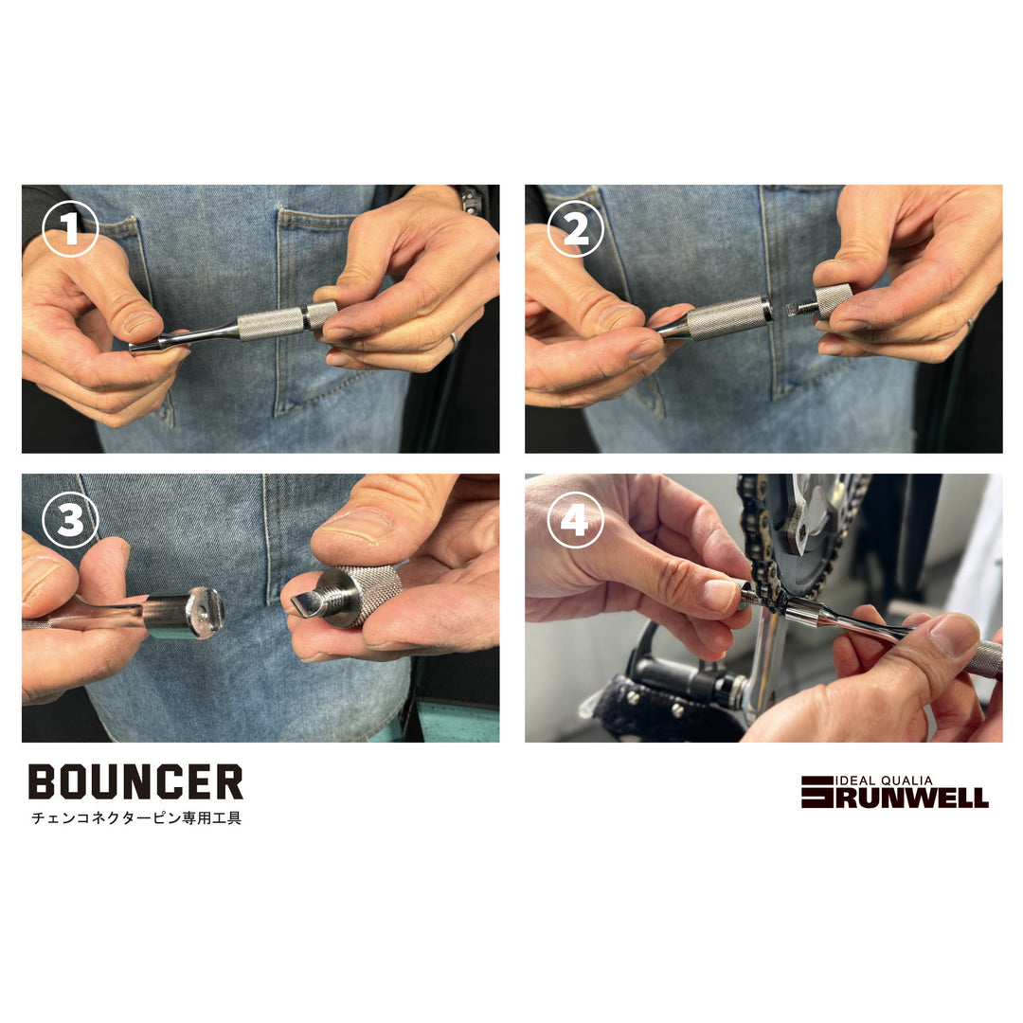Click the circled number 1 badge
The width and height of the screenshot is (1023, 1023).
[x=70, y=231]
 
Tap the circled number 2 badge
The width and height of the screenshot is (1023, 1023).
[x=575, y=230]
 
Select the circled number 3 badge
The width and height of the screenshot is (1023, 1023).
[x=70, y=520]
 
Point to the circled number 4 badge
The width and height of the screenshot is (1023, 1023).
[x=575, y=520]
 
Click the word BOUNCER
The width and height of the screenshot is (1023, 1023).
[x=135, y=782]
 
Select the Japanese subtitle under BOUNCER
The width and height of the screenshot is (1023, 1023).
[x=135, y=818]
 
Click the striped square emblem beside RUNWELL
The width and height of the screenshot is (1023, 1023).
[x=817, y=792]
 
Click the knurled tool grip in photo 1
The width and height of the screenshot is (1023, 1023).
[x=270, y=324]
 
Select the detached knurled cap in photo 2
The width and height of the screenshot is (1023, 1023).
[x=833, y=300]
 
